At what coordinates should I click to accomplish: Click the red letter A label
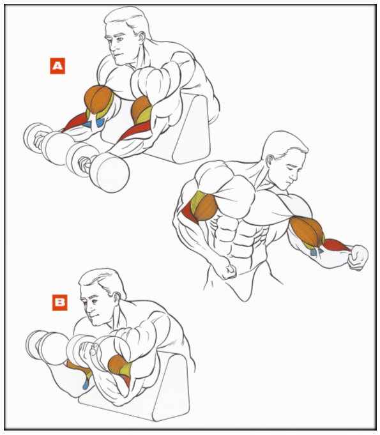point(57,66)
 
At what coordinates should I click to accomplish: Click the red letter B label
point(60,302)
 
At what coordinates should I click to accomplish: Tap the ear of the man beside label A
point(142,38)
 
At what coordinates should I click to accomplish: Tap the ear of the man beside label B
point(117,298)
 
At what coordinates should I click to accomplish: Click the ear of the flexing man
point(270,160)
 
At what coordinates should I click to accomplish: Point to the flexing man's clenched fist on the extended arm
point(358,257)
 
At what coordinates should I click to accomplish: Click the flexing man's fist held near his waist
point(227,268)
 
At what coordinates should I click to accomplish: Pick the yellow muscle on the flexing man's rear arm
point(196,201)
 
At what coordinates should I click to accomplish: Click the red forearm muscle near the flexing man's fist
point(337,245)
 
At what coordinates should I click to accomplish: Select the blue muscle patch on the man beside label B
point(86,384)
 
